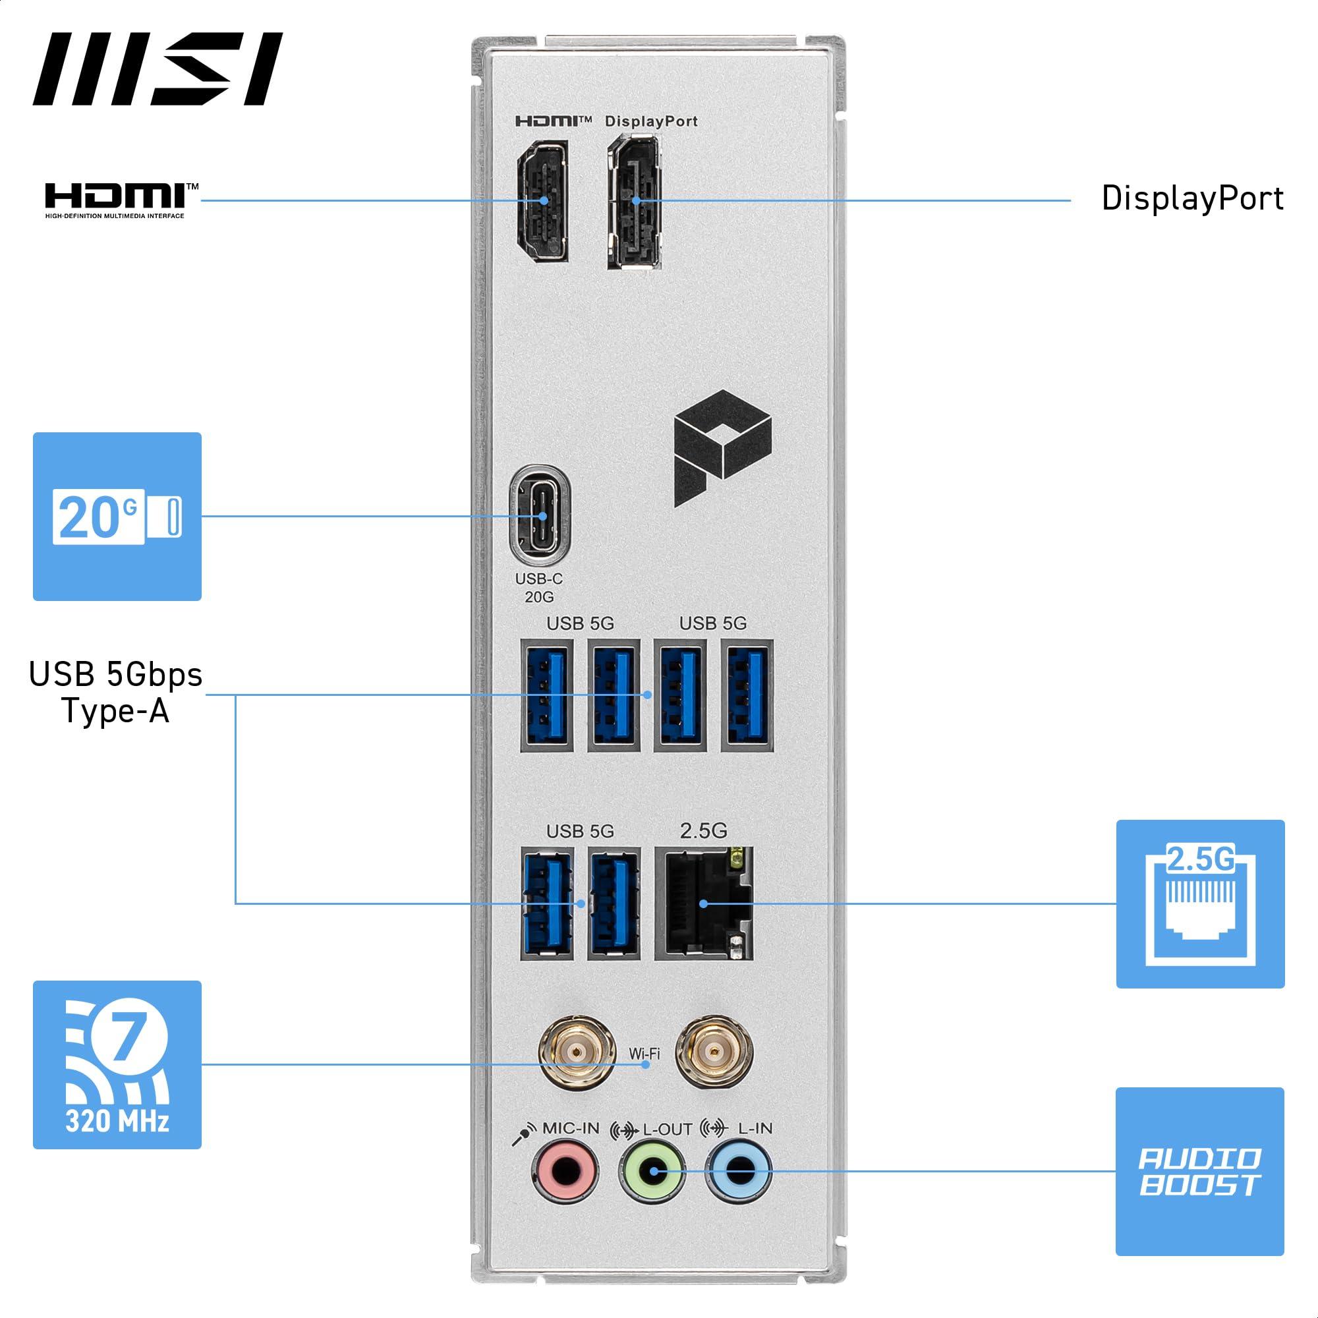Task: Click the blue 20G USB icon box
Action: [x=117, y=517]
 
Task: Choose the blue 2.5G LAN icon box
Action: [x=1200, y=904]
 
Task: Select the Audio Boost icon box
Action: [x=1199, y=1171]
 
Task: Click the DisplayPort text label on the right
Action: [x=1193, y=198]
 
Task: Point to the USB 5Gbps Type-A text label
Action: [x=116, y=693]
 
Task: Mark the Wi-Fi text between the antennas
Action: [x=645, y=1053]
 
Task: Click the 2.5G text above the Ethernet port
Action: [x=703, y=830]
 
